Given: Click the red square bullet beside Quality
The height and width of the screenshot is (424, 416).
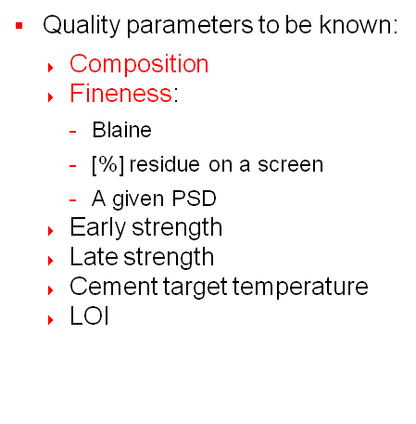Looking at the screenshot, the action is [19, 26].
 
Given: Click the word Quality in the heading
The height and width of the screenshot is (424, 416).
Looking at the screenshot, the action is [82, 26].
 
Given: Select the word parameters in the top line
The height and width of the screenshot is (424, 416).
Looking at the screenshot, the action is [190, 26].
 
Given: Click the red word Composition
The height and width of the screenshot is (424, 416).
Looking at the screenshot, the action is [139, 64].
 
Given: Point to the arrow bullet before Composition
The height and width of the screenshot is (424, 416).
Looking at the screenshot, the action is [51, 68].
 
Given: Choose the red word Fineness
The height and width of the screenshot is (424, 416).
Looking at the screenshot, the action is [120, 93].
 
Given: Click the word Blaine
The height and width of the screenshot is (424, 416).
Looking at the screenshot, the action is [121, 130].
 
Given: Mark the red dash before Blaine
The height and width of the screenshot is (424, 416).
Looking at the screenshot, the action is [72, 132].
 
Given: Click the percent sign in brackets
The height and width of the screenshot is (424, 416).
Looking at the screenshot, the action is [108, 164].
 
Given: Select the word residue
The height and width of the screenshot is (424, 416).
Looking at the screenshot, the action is [164, 164].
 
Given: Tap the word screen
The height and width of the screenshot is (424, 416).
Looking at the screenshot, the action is [290, 164].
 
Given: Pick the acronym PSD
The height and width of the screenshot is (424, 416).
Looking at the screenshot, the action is [194, 199].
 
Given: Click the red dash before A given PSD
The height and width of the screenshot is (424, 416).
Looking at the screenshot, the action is [72, 200].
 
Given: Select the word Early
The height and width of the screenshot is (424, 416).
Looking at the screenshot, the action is [97, 227].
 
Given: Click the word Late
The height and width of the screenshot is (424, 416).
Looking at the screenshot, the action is [94, 257].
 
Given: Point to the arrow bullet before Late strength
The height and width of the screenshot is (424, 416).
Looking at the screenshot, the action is [51, 261].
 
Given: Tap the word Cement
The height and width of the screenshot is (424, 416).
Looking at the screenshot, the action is [114, 287].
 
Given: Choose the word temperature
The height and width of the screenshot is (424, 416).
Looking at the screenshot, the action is [300, 288].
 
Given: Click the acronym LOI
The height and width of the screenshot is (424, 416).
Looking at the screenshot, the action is [89, 315].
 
